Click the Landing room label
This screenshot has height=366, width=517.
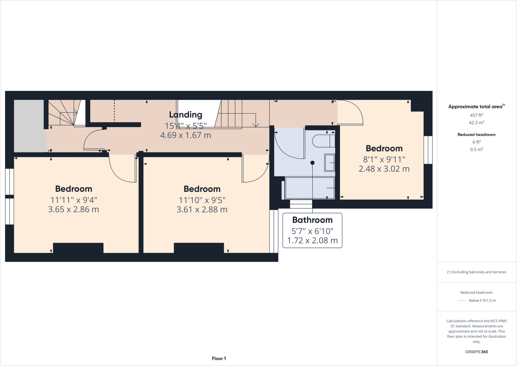point(186,115)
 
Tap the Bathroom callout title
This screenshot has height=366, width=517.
point(312,220)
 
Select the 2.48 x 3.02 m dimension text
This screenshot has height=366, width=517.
point(384,169)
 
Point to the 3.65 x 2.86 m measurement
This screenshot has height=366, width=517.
point(73,209)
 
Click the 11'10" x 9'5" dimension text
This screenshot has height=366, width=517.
point(202,200)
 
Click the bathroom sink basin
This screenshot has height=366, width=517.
point(329,163)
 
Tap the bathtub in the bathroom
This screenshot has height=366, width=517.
point(309,188)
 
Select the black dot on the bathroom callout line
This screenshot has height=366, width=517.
point(313,163)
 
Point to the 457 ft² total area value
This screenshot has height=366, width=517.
point(476,115)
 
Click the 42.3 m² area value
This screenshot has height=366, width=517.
point(476,123)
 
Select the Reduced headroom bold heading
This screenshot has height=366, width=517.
point(476,135)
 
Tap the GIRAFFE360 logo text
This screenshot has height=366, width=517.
point(476,352)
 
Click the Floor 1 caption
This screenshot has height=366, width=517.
point(219,358)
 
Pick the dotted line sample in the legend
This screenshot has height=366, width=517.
point(462,301)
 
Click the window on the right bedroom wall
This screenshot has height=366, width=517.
point(428,150)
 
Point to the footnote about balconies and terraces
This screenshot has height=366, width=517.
point(476,272)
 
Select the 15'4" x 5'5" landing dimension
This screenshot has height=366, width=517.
point(186,126)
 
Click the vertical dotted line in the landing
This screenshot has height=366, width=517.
point(114,111)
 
